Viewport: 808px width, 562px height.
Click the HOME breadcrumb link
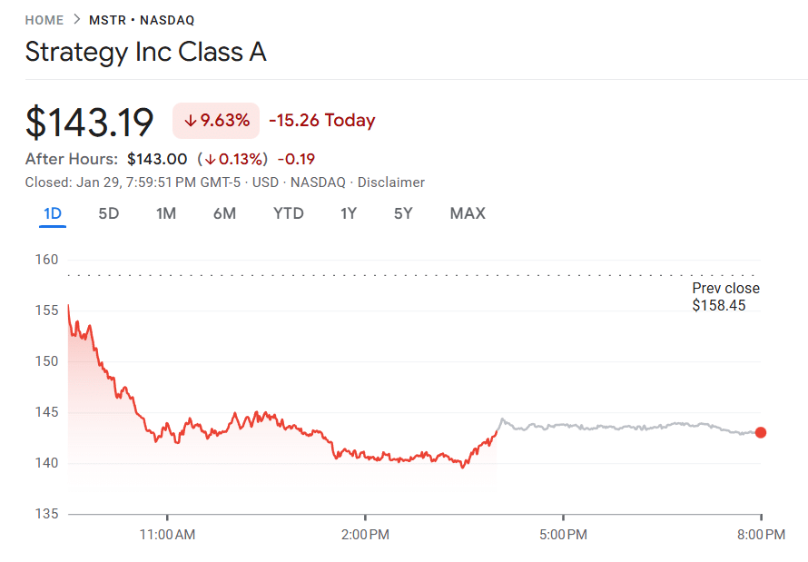point(44,20)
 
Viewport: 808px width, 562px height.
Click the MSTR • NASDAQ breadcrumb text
point(142,20)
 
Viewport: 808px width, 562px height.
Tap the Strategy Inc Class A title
point(145,52)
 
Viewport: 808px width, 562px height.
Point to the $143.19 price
point(89,122)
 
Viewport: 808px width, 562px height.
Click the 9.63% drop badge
point(216,121)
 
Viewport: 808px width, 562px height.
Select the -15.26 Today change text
point(321,121)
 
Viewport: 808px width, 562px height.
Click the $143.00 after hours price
point(157,159)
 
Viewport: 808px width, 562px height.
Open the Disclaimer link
point(391,182)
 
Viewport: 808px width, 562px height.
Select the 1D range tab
point(53,213)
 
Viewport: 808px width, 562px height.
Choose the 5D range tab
point(108,213)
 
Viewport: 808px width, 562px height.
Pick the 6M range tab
point(224,213)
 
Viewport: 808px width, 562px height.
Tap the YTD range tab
point(289,213)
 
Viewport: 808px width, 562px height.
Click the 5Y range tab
point(403,213)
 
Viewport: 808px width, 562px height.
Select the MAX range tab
point(468,213)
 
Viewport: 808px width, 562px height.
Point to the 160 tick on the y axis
point(47,260)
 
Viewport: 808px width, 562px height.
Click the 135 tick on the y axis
point(47,514)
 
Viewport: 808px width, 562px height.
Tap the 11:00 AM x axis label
point(167,535)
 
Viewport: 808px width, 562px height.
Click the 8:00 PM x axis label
point(761,535)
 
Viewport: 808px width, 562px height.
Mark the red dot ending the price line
point(761,432)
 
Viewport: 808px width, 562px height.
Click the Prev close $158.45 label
point(725,297)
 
